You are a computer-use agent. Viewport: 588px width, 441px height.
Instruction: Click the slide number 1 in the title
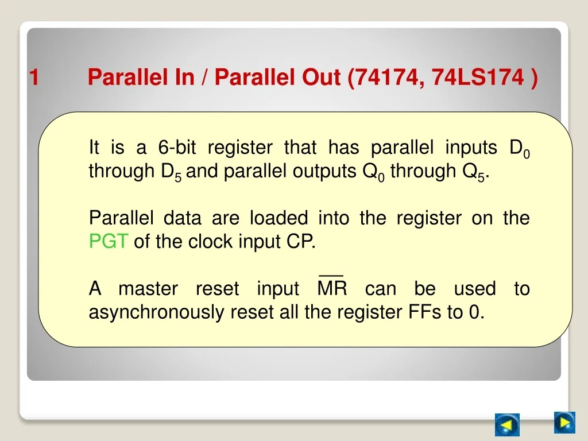coord(34,77)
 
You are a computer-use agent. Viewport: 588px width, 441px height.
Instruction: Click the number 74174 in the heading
coord(389,78)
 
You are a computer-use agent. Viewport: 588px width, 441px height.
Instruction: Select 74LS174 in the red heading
coord(478,78)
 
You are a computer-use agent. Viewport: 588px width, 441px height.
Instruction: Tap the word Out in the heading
coord(322,77)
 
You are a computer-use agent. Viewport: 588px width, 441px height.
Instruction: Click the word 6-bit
coord(177,147)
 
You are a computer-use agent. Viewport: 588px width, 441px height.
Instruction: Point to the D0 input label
coord(519,149)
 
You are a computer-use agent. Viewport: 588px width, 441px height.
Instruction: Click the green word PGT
coord(109,241)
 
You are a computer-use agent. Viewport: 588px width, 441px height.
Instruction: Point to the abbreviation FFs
coord(424,312)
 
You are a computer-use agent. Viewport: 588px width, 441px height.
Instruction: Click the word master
coord(148,289)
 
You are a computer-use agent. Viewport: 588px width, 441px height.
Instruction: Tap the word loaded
coord(279,218)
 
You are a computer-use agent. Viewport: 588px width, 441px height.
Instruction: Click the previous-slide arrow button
coord(507,424)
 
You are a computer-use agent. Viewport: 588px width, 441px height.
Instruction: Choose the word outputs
coord(324,172)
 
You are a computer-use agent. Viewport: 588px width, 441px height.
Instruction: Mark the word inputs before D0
coord(471,148)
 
